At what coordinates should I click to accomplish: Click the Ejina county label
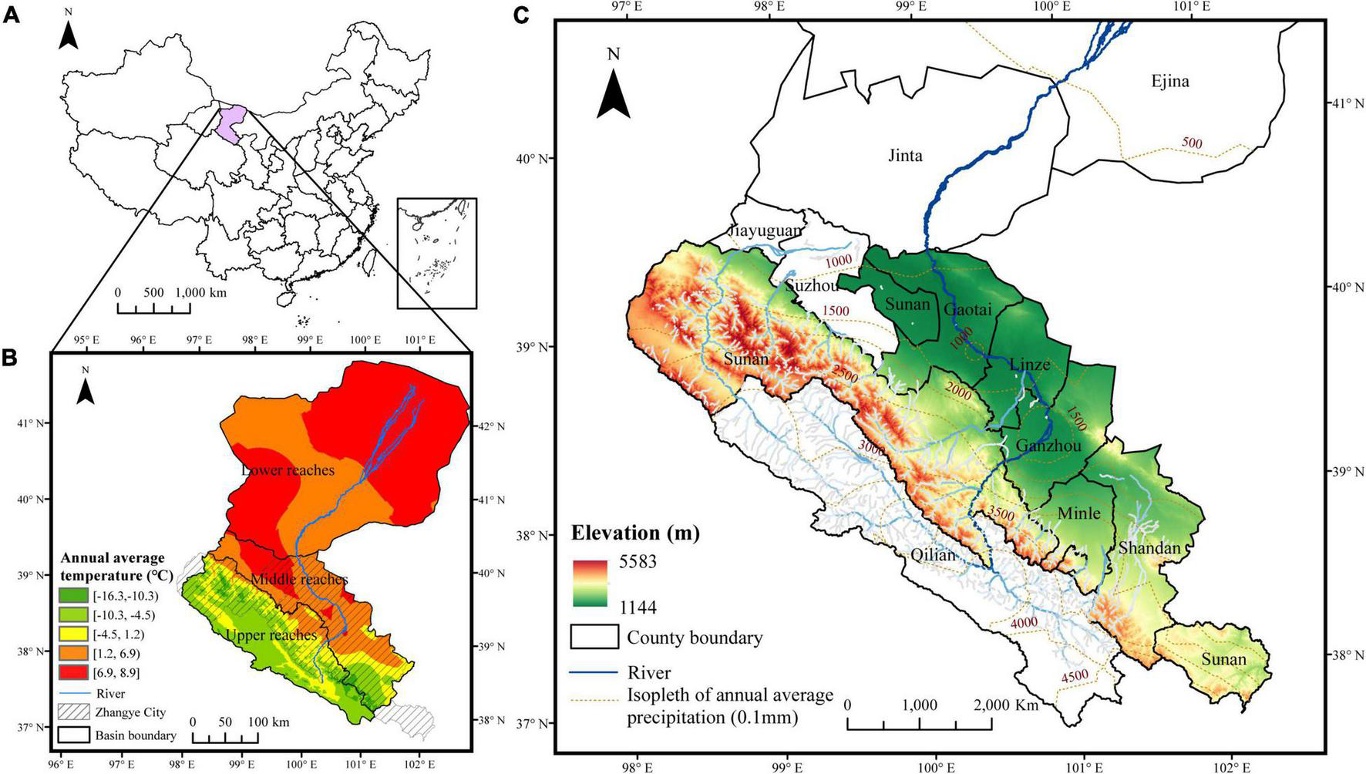tap(1169, 81)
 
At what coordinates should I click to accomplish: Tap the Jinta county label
tap(905, 156)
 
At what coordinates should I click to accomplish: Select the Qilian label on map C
tap(933, 555)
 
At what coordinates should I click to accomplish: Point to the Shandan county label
tap(1149, 548)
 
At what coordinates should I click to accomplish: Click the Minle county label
tap(1079, 513)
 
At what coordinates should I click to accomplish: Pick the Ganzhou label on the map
tap(1048, 446)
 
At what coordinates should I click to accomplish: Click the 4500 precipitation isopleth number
tap(1075, 675)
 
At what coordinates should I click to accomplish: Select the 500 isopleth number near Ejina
tap(1191, 143)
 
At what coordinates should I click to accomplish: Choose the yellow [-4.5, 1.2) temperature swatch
tap(75, 634)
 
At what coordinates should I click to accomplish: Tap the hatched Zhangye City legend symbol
tap(75, 713)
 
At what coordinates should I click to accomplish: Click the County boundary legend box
tap(594, 637)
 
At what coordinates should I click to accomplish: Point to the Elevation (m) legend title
tap(635, 533)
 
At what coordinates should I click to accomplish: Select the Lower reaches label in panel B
tap(288, 469)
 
